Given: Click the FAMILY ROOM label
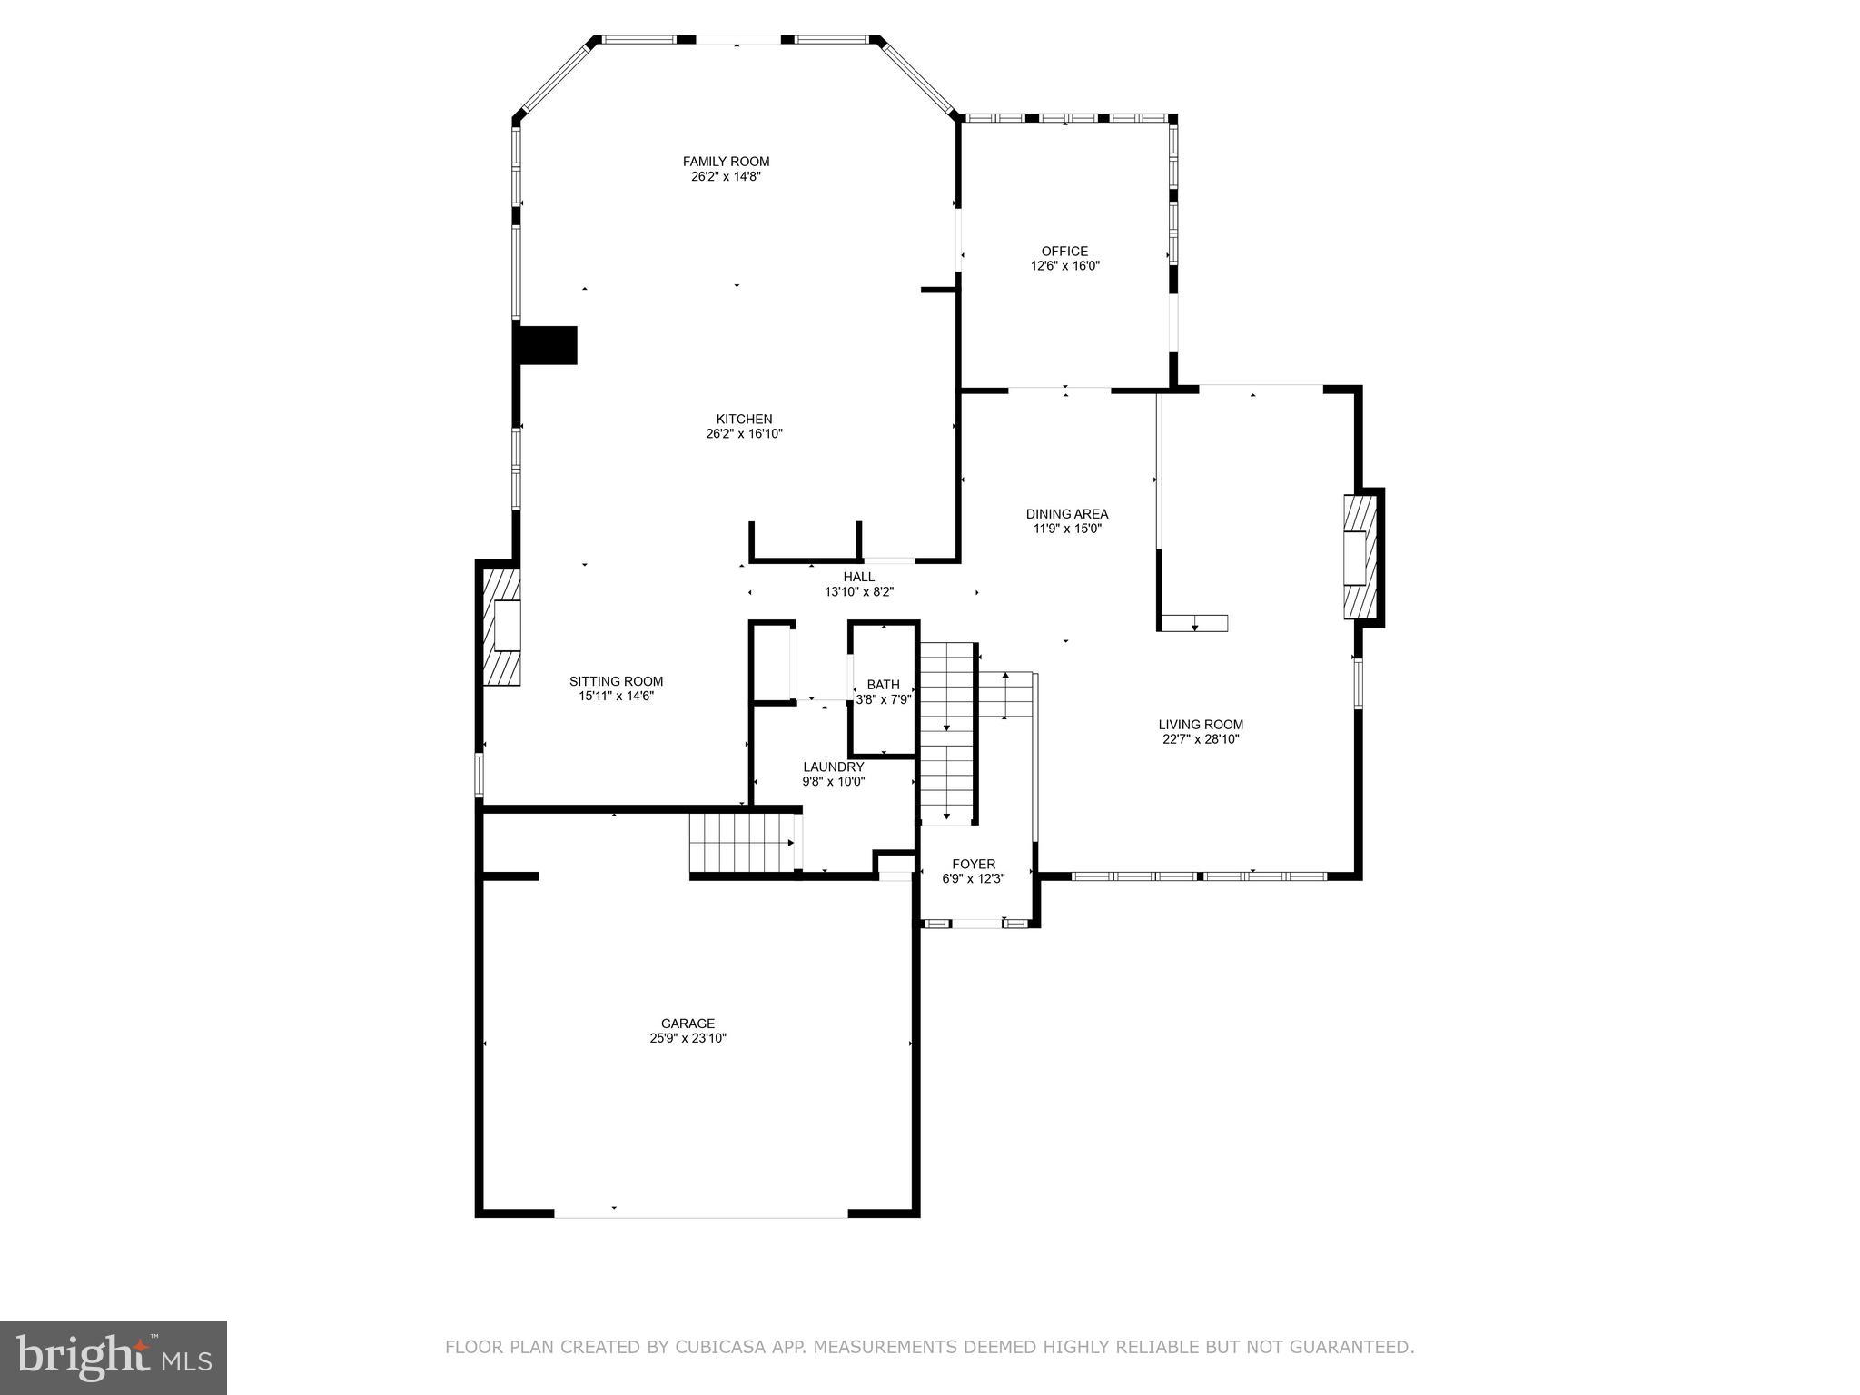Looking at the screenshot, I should (x=726, y=162).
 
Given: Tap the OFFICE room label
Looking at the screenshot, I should (x=1064, y=252).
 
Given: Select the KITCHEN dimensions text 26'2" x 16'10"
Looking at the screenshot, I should (x=744, y=434).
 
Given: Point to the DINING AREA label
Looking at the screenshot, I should (x=1066, y=514).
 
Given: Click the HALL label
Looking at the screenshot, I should (x=858, y=577).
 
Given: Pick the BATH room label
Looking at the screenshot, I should (x=883, y=685).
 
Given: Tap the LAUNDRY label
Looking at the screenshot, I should (x=833, y=767).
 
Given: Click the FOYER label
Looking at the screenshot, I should (x=974, y=864).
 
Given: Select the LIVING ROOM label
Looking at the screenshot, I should (x=1201, y=725).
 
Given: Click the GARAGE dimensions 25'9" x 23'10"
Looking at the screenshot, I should (x=688, y=1038).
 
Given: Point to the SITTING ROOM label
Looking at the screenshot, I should (x=616, y=681).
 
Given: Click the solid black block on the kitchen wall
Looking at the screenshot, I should (x=547, y=345).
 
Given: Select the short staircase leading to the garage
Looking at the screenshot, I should (x=742, y=842).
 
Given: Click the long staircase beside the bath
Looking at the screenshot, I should (x=947, y=732).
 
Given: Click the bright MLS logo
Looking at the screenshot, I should (x=114, y=1356).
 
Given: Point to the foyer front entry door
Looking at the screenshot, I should (x=976, y=924).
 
